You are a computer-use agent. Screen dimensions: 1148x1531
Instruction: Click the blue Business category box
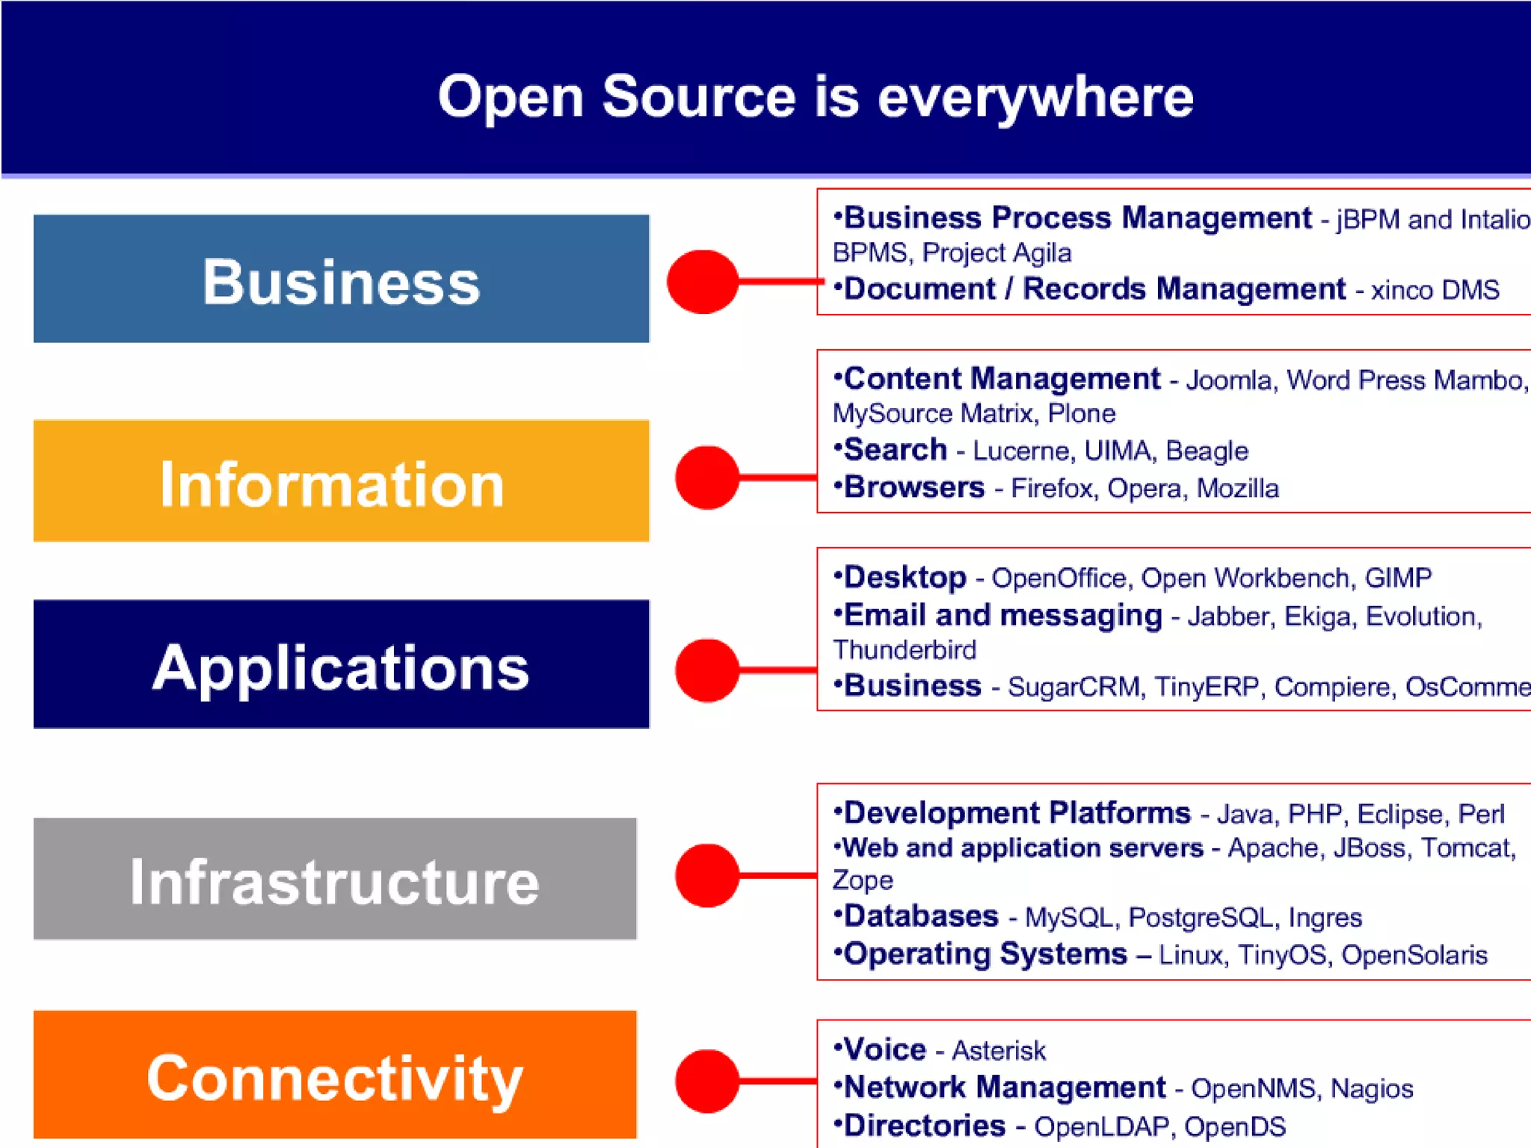click(x=341, y=279)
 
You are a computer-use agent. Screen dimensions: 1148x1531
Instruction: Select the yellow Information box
click(x=341, y=481)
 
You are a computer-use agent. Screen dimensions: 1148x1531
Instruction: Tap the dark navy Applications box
click(x=341, y=664)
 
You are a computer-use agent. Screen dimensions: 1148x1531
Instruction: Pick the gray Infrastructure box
click(x=335, y=878)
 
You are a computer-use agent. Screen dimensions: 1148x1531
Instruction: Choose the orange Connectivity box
click(x=335, y=1075)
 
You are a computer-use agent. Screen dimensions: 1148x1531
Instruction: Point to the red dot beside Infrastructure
click(x=707, y=875)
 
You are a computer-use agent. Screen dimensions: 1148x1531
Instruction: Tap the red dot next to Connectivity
click(x=707, y=1081)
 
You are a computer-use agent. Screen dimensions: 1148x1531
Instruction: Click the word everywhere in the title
click(x=1035, y=97)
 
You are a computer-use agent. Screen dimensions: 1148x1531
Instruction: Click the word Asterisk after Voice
click(x=999, y=1051)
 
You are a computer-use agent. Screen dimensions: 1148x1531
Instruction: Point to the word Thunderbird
click(x=905, y=650)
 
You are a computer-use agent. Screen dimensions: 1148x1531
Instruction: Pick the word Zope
click(x=863, y=880)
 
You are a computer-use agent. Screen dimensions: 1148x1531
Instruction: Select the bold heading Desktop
click(x=905, y=578)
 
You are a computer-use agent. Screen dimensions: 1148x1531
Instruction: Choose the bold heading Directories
click(x=925, y=1126)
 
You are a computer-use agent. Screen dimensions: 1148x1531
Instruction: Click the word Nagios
click(x=1372, y=1089)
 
